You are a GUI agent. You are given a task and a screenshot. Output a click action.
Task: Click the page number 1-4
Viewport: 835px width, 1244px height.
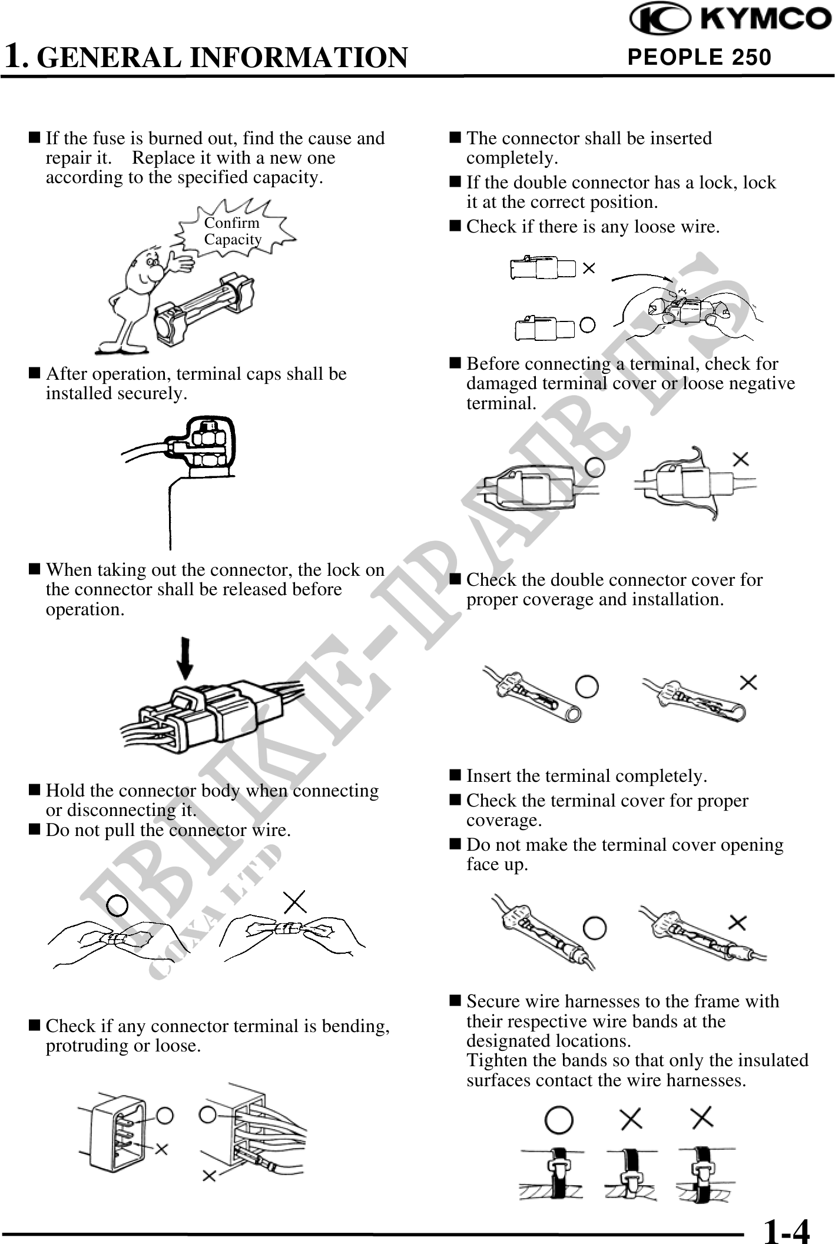pyautogui.click(x=786, y=1229)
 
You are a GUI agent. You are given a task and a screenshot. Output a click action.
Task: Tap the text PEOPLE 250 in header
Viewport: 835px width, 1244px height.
pyautogui.click(x=699, y=57)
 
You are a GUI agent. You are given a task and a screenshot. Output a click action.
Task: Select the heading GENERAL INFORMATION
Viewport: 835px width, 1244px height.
pyautogui.click(x=226, y=58)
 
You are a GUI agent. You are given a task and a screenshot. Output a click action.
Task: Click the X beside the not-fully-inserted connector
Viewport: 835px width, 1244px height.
pyautogui.click(x=588, y=268)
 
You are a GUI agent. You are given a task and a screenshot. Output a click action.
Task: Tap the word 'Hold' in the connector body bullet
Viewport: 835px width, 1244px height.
pyautogui.click(x=63, y=790)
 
